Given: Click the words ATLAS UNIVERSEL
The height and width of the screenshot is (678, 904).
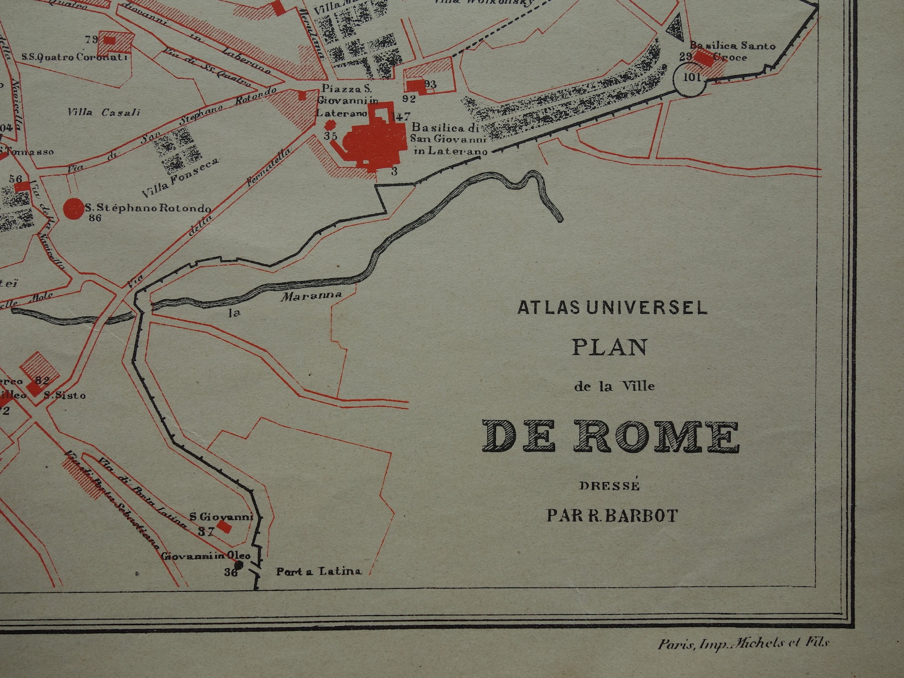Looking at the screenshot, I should (612, 307).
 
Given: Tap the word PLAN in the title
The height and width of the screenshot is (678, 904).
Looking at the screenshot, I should (610, 347).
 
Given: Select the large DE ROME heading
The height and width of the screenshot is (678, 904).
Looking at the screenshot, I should (611, 437).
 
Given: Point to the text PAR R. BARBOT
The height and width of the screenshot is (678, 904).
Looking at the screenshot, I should (613, 516).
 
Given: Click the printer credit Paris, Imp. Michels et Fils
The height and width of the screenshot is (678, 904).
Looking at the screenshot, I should (743, 644).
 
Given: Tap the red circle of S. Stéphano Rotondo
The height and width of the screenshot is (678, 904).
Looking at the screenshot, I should (73, 208).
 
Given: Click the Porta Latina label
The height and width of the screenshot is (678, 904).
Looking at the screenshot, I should (319, 571).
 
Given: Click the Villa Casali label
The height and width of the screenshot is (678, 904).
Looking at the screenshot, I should (103, 112).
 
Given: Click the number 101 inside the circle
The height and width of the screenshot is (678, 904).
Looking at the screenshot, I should (691, 77).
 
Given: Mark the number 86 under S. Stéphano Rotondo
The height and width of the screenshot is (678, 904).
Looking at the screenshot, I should (95, 218).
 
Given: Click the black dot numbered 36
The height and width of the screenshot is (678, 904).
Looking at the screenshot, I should (239, 565).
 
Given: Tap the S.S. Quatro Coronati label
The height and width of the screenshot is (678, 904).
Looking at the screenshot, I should (75, 57).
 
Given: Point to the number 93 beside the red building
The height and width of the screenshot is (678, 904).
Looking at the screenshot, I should (430, 84).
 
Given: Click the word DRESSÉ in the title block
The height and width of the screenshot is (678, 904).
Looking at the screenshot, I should (610, 486).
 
